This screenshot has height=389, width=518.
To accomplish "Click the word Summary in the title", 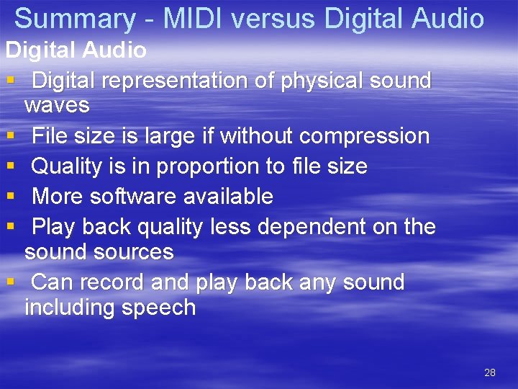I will tap(74, 19).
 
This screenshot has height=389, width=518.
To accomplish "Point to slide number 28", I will tap(490, 372).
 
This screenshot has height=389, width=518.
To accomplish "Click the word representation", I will tap(176, 81).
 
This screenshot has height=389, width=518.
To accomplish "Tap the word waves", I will tap(57, 106).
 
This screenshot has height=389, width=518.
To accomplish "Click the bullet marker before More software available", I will tap(10, 197).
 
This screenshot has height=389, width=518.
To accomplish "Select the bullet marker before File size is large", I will tap(10, 136).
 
